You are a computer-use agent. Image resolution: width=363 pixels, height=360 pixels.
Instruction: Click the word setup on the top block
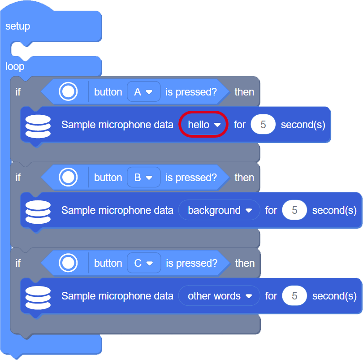(x=17, y=26)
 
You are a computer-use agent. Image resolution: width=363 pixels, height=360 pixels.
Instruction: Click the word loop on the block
(x=15, y=67)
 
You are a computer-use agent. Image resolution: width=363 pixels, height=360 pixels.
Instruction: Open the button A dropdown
(x=143, y=92)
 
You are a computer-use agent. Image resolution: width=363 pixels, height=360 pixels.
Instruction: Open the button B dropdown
(x=143, y=178)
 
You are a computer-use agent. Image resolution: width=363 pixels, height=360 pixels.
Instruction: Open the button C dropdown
(x=143, y=263)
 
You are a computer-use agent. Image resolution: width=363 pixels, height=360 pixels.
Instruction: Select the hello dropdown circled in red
(x=204, y=125)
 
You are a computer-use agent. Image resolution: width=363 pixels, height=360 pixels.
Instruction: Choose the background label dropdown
(x=219, y=210)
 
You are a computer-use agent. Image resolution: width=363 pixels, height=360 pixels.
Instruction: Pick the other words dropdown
(x=219, y=296)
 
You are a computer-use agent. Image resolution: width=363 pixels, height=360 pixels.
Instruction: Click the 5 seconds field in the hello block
(x=263, y=125)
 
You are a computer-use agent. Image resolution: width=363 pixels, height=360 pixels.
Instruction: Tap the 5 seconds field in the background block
(x=294, y=210)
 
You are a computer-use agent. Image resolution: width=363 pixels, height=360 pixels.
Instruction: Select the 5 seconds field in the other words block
(x=294, y=296)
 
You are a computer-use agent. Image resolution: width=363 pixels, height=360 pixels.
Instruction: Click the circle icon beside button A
(x=68, y=92)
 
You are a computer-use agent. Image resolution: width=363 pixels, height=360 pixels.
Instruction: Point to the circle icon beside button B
(x=68, y=178)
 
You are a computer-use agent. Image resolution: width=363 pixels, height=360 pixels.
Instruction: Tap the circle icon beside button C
(x=68, y=263)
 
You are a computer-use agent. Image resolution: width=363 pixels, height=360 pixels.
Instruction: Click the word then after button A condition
(x=244, y=92)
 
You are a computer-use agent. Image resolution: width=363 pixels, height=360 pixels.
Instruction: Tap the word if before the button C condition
(x=18, y=263)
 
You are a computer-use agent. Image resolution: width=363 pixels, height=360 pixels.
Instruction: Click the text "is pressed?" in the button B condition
(x=191, y=178)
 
